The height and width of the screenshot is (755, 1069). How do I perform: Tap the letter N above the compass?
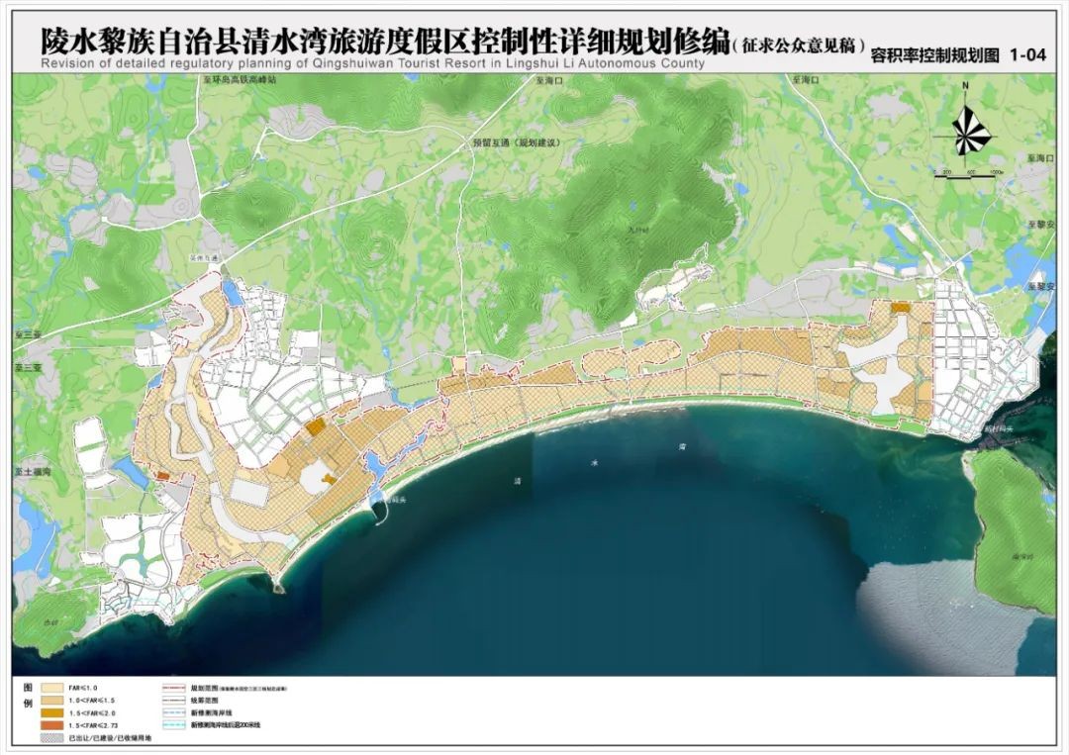tap(966, 87)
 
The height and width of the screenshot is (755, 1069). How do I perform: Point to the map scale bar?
tap(970, 175)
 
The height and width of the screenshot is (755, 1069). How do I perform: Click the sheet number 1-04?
tap(1027, 56)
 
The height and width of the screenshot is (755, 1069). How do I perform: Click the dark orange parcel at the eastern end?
tap(900, 308)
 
